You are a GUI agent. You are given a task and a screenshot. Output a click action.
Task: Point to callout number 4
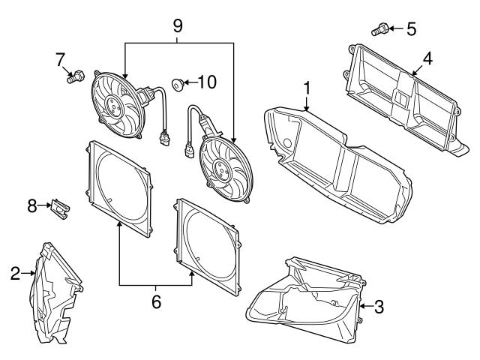click(427, 57)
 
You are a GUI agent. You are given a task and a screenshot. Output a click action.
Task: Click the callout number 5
click(410, 29)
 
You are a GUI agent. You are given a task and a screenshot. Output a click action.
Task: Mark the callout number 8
click(32, 205)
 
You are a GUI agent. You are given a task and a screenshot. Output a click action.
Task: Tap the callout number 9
click(178, 24)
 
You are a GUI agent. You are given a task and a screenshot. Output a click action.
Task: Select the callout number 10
click(206, 81)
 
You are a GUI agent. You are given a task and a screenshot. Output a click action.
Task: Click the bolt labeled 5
click(379, 30)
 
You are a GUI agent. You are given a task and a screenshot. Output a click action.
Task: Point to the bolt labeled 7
click(75, 76)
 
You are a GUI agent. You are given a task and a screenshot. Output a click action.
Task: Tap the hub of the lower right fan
click(223, 167)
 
